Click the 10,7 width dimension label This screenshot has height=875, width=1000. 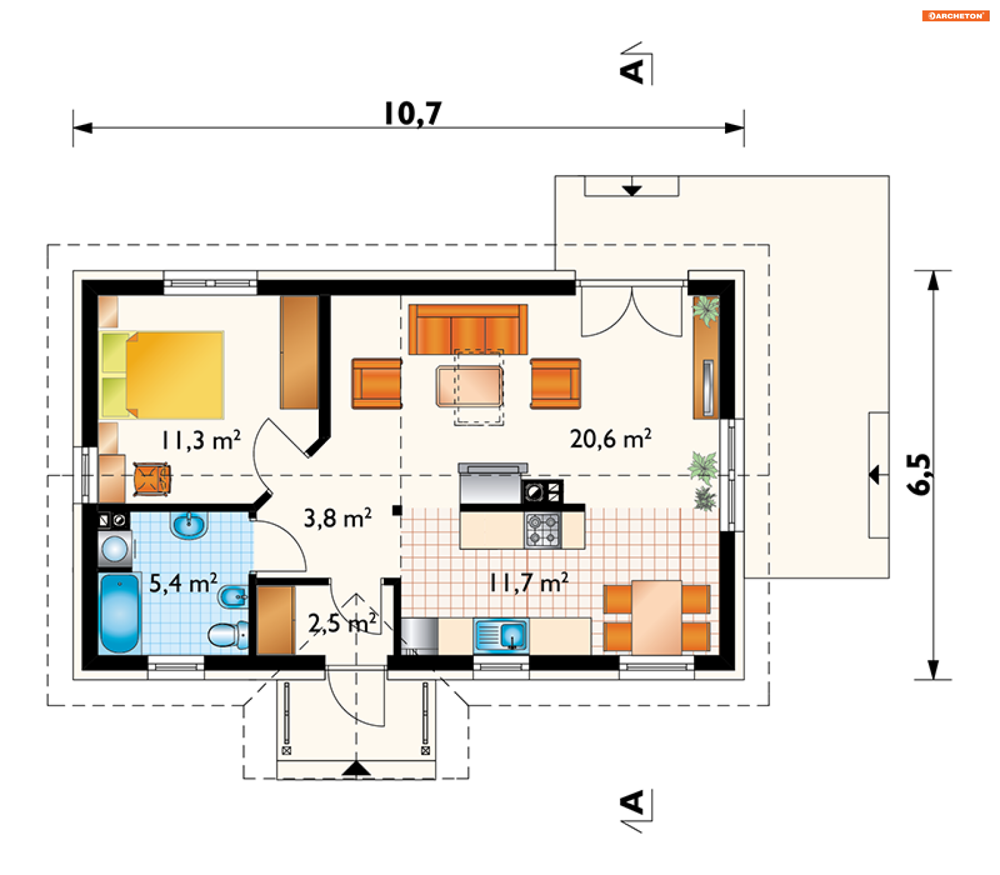[x=413, y=114]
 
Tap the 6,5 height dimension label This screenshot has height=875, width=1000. [x=918, y=473]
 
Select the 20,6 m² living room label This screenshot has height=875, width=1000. [x=610, y=439]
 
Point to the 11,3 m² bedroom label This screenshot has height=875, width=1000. [x=201, y=441]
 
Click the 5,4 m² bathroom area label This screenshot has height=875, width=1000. [x=183, y=583]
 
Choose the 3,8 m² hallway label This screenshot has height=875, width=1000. [x=337, y=518]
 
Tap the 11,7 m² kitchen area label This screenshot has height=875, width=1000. [x=529, y=583]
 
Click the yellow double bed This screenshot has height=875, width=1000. [x=162, y=375]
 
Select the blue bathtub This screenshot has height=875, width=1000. [x=119, y=614]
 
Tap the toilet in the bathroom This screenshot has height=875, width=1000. [x=228, y=635]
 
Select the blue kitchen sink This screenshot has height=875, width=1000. [x=501, y=635]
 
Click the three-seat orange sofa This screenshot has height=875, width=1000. [x=468, y=330]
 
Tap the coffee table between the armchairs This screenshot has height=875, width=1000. [x=469, y=386]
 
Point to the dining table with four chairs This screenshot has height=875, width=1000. [x=657, y=618]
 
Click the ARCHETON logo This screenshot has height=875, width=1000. [x=956, y=16]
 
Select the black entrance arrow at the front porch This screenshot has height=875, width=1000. [x=356, y=768]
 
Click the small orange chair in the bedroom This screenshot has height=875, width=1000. [x=152, y=479]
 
